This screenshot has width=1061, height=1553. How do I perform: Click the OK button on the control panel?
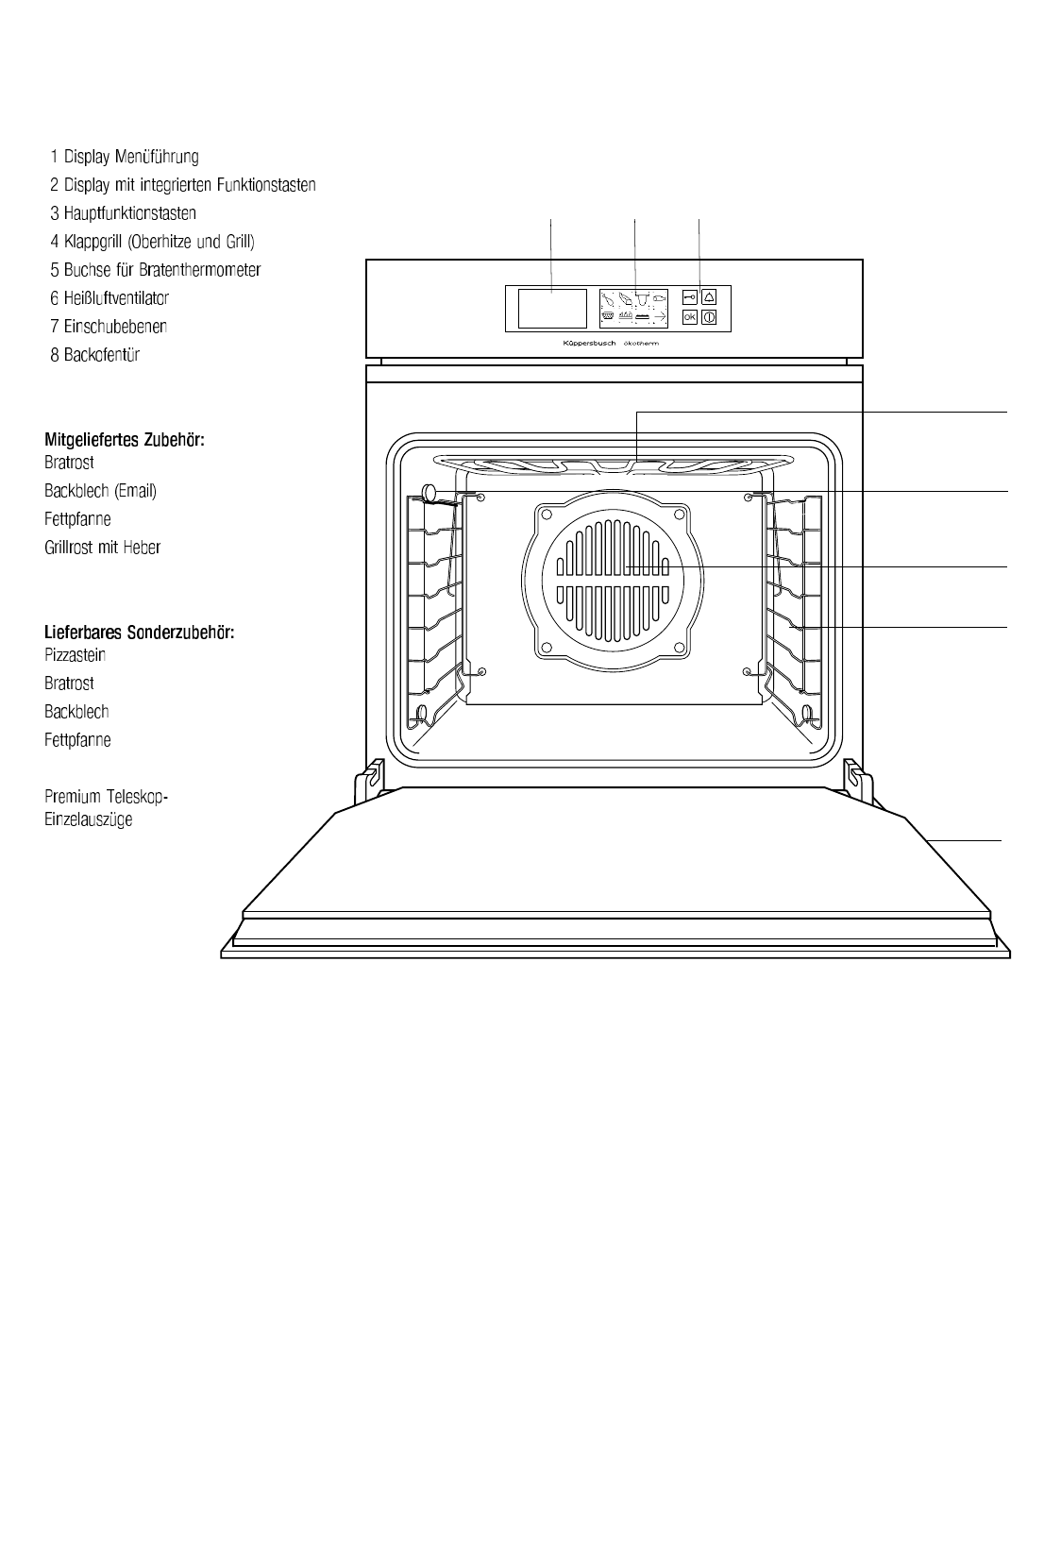pos(689,317)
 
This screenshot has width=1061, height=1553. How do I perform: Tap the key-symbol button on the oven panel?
pos(689,296)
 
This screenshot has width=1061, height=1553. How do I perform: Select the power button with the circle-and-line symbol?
pos(709,317)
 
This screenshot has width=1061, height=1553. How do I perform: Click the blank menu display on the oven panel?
pos(551,308)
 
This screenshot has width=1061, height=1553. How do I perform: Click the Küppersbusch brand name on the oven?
pos(582,345)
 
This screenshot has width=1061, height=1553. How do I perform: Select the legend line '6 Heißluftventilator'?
pos(109,298)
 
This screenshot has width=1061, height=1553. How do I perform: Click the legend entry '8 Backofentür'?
pos(95,355)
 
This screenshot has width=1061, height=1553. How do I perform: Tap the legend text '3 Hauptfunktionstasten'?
pos(123,213)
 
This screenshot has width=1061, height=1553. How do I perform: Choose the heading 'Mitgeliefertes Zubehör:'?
pos(125,440)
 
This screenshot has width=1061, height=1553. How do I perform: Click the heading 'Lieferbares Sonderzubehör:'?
pos(139,633)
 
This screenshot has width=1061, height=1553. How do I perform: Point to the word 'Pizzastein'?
pos(75,655)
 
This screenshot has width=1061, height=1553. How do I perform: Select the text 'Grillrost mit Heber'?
pos(102,548)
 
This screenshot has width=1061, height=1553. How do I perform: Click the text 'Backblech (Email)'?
pos(100,491)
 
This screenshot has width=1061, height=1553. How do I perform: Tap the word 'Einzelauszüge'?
pos(88,819)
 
